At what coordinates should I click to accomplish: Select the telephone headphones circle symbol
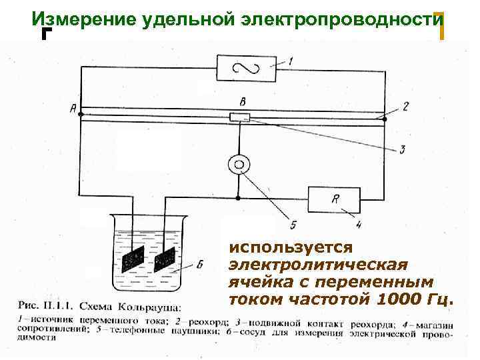[238, 164]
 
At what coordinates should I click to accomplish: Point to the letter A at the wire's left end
[72, 109]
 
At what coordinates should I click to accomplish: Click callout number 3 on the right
[402, 149]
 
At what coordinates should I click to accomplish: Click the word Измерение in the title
[84, 19]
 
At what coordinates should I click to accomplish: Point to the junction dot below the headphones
[238, 198]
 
